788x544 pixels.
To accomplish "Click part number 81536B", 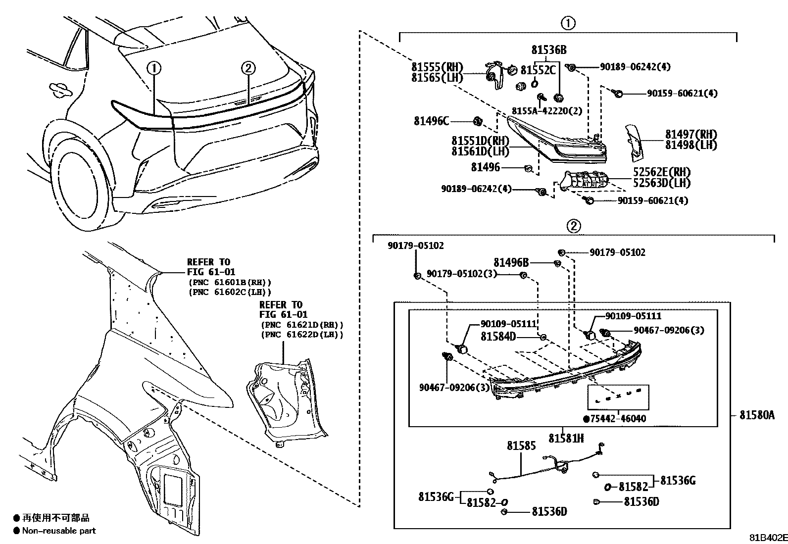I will pos(549,50).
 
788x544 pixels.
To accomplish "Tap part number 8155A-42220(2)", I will pos(546,111).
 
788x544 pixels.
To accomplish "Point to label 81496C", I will pos(431,121).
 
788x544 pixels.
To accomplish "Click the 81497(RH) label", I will pos(690,134).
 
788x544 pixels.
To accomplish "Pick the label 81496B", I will pos(510,263).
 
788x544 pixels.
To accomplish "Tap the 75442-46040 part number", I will pos(618,419).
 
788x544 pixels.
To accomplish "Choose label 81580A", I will pos(757,415).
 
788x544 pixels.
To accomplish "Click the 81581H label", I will pos(566,438).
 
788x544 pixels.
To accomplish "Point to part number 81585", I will pos(521,446).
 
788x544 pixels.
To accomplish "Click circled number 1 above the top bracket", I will pos(568,23).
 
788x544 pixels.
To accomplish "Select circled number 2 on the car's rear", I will pos(248,68).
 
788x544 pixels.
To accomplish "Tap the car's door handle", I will pos(60,90).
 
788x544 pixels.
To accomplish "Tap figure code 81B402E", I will pos(767,538).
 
